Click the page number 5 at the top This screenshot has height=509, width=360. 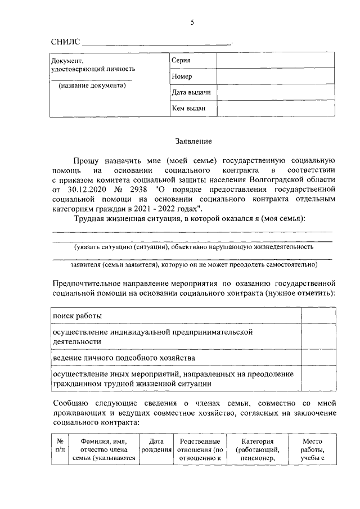tap(192, 22)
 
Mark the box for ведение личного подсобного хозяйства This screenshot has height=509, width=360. tap(318, 358)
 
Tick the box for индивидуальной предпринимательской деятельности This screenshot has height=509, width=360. tap(318, 337)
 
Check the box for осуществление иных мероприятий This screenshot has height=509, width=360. tap(318, 379)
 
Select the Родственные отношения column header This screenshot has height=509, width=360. tap(200, 450)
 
